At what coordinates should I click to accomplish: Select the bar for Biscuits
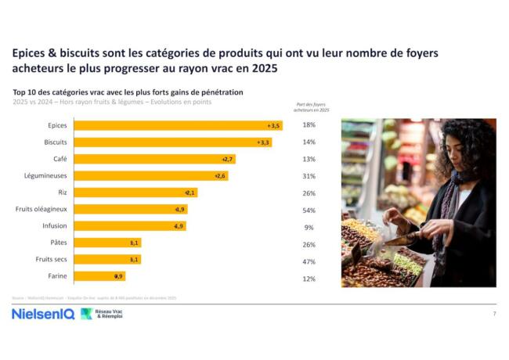click(x=173, y=142)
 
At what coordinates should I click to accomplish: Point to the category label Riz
click(x=61, y=193)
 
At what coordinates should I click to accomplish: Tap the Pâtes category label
click(x=58, y=243)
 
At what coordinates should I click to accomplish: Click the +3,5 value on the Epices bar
click(x=273, y=125)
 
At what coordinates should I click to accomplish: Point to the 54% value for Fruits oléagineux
click(x=309, y=210)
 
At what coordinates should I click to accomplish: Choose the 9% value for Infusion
click(x=309, y=227)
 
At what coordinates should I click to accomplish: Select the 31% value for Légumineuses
click(x=309, y=176)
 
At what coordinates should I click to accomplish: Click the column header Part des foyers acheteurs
click(x=312, y=107)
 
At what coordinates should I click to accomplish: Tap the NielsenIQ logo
click(x=42, y=313)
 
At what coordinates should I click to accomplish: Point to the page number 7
click(x=494, y=313)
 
